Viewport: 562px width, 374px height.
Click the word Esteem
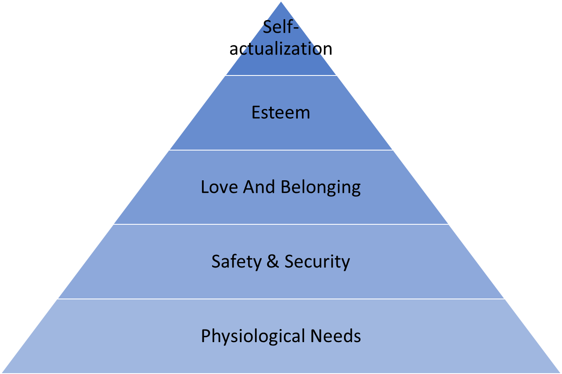pyautogui.click(x=281, y=113)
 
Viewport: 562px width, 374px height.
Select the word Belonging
pyautogui.click(x=320, y=187)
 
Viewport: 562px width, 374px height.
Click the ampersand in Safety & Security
pyautogui.click(x=273, y=262)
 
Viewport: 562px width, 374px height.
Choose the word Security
pyautogui.click(x=317, y=262)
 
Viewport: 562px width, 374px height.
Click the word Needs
pyautogui.click(x=336, y=336)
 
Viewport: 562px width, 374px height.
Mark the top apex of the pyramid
pyautogui.click(x=281, y=2)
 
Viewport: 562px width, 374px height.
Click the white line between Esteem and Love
pyautogui.click(x=281, y=150)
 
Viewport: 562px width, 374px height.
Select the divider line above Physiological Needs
pyautogui.click(x=281, y=299)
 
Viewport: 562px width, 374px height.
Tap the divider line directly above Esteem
pyautogui.click(x=281, y=75)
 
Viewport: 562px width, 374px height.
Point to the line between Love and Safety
pyautogui.click(x=281, y=224)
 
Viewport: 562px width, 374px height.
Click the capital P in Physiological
pyautogui.click(x=205, y=336)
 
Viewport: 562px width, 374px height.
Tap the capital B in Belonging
pyautogui.click(x=285, y=187)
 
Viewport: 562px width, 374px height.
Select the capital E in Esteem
pyautogui.click(x=255, y=113)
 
